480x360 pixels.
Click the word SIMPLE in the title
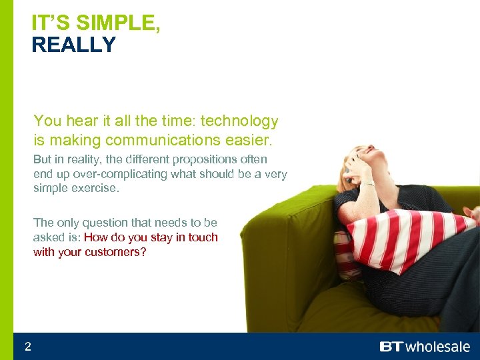pyautogui.click(x=117, y=23)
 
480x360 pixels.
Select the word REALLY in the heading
pyautogui.click(x=73, y=45)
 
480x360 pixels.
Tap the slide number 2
pyautogui.click(x=27, y=346)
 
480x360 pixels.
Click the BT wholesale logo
pyautogui.click(x=424, y=347)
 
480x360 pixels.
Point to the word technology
pyautogui.click(x=239, y=121)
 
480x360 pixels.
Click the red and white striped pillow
pyautogui.click(x=407, y=237)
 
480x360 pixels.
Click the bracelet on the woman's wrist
pyautogui.click(x=366, y=182)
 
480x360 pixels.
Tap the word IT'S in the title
pyautogui.click(x=51, y=23)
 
